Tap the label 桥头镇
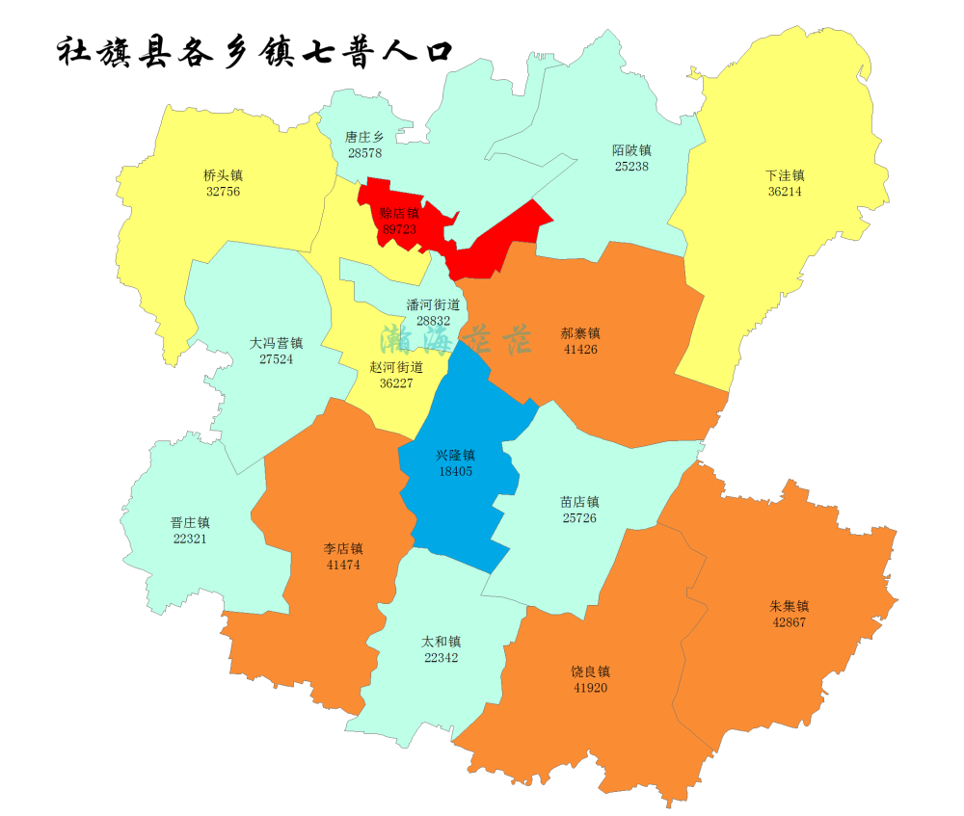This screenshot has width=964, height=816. [223, 175]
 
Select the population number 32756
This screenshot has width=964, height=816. [223, 192]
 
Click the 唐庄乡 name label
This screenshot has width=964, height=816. [364, 138]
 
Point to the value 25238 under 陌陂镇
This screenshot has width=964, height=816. [631, 166]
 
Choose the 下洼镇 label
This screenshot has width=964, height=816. [785, 175]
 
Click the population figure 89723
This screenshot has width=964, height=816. [399, 229]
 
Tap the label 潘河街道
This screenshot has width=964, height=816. [433, 304]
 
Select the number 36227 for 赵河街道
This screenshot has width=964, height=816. [396, 382]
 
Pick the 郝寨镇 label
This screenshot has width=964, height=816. [580, 333]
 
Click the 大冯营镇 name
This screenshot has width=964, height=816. [276, 343]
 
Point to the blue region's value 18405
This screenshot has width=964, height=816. [455, 471]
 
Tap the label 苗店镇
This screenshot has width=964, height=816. [579, 502]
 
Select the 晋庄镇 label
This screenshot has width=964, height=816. [190, 523]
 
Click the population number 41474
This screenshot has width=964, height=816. [343, 565]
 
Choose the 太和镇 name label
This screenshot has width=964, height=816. [442, 642]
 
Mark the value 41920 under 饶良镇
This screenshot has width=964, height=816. [590, 688]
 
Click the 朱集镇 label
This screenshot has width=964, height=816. [789, 607]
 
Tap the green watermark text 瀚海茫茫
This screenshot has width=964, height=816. [455, 339]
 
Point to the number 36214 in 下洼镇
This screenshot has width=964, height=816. [785, 192]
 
